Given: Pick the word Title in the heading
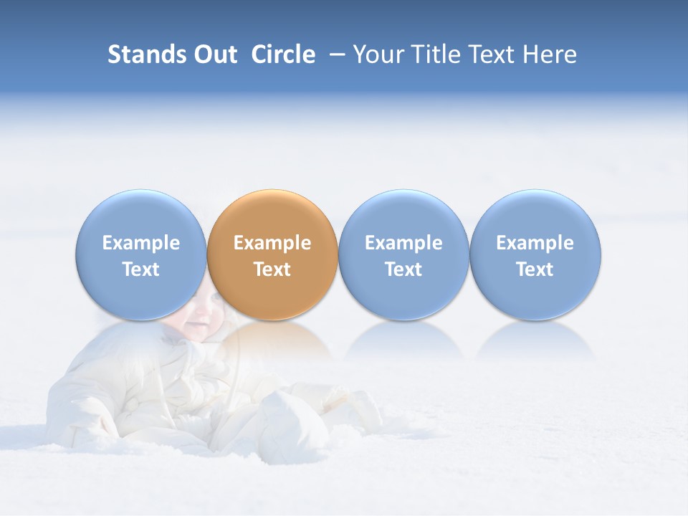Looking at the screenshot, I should pyautogui.click(x=438, y=54).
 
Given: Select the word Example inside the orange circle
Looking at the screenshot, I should pyautogui.click(x=272, y=243).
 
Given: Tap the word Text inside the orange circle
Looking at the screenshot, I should pyautogui.click(x=272, y=269).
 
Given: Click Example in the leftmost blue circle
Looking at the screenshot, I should pyautogui.click(x=141, y=243).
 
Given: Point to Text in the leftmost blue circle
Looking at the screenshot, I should pyautogui.click(x=141, y=269).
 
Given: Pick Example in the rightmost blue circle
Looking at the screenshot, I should pyautogui.click(x=535, y=243).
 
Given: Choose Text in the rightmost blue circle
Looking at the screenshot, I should pyautogui.click(x=535, y=269).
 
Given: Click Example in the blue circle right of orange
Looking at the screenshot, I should pyautogui.click(x=403, y=243).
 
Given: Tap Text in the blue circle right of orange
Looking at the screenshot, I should pyautogui.click(x=403, y=269).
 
